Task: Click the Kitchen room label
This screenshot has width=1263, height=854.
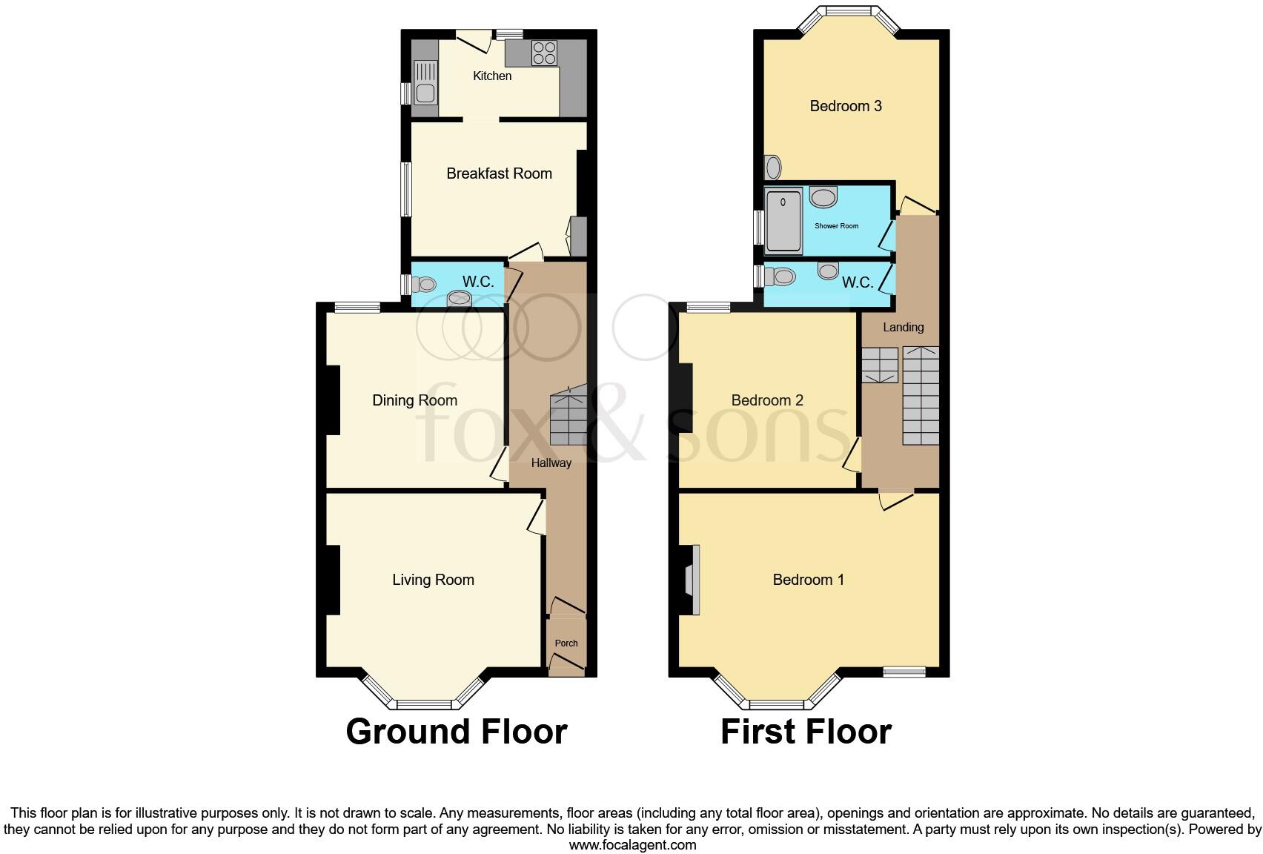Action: click(492, 76)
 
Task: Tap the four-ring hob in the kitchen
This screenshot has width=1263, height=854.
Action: click(544, 53)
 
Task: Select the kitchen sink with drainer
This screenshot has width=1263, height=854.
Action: click(425, 83)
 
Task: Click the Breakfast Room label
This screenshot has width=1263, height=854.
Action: click(499, 173)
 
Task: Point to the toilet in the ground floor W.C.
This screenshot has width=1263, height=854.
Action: click(424, 284)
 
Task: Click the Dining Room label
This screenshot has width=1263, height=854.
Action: click(414, 400)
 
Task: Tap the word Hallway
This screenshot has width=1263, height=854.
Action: click(551, 463)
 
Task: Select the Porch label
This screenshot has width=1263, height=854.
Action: click(566, 643)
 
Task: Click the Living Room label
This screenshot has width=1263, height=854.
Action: click(433, 580)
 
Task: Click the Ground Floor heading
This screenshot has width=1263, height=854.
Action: click(456, 732)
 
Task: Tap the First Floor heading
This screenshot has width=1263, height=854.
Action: click(806, 732)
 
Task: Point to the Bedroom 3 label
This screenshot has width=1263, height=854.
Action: click(845, 106)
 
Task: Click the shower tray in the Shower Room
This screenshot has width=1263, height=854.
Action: click(783, 221)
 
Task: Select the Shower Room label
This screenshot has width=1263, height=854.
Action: click(836, 226)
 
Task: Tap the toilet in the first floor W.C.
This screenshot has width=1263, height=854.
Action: click(780, 277)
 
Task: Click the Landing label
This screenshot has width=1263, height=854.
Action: click(903, 327)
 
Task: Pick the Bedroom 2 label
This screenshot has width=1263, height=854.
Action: click(767, 400)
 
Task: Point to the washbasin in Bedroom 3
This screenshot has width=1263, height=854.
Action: click(773, 168)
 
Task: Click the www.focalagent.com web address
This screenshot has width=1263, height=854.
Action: click(632, 844)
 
